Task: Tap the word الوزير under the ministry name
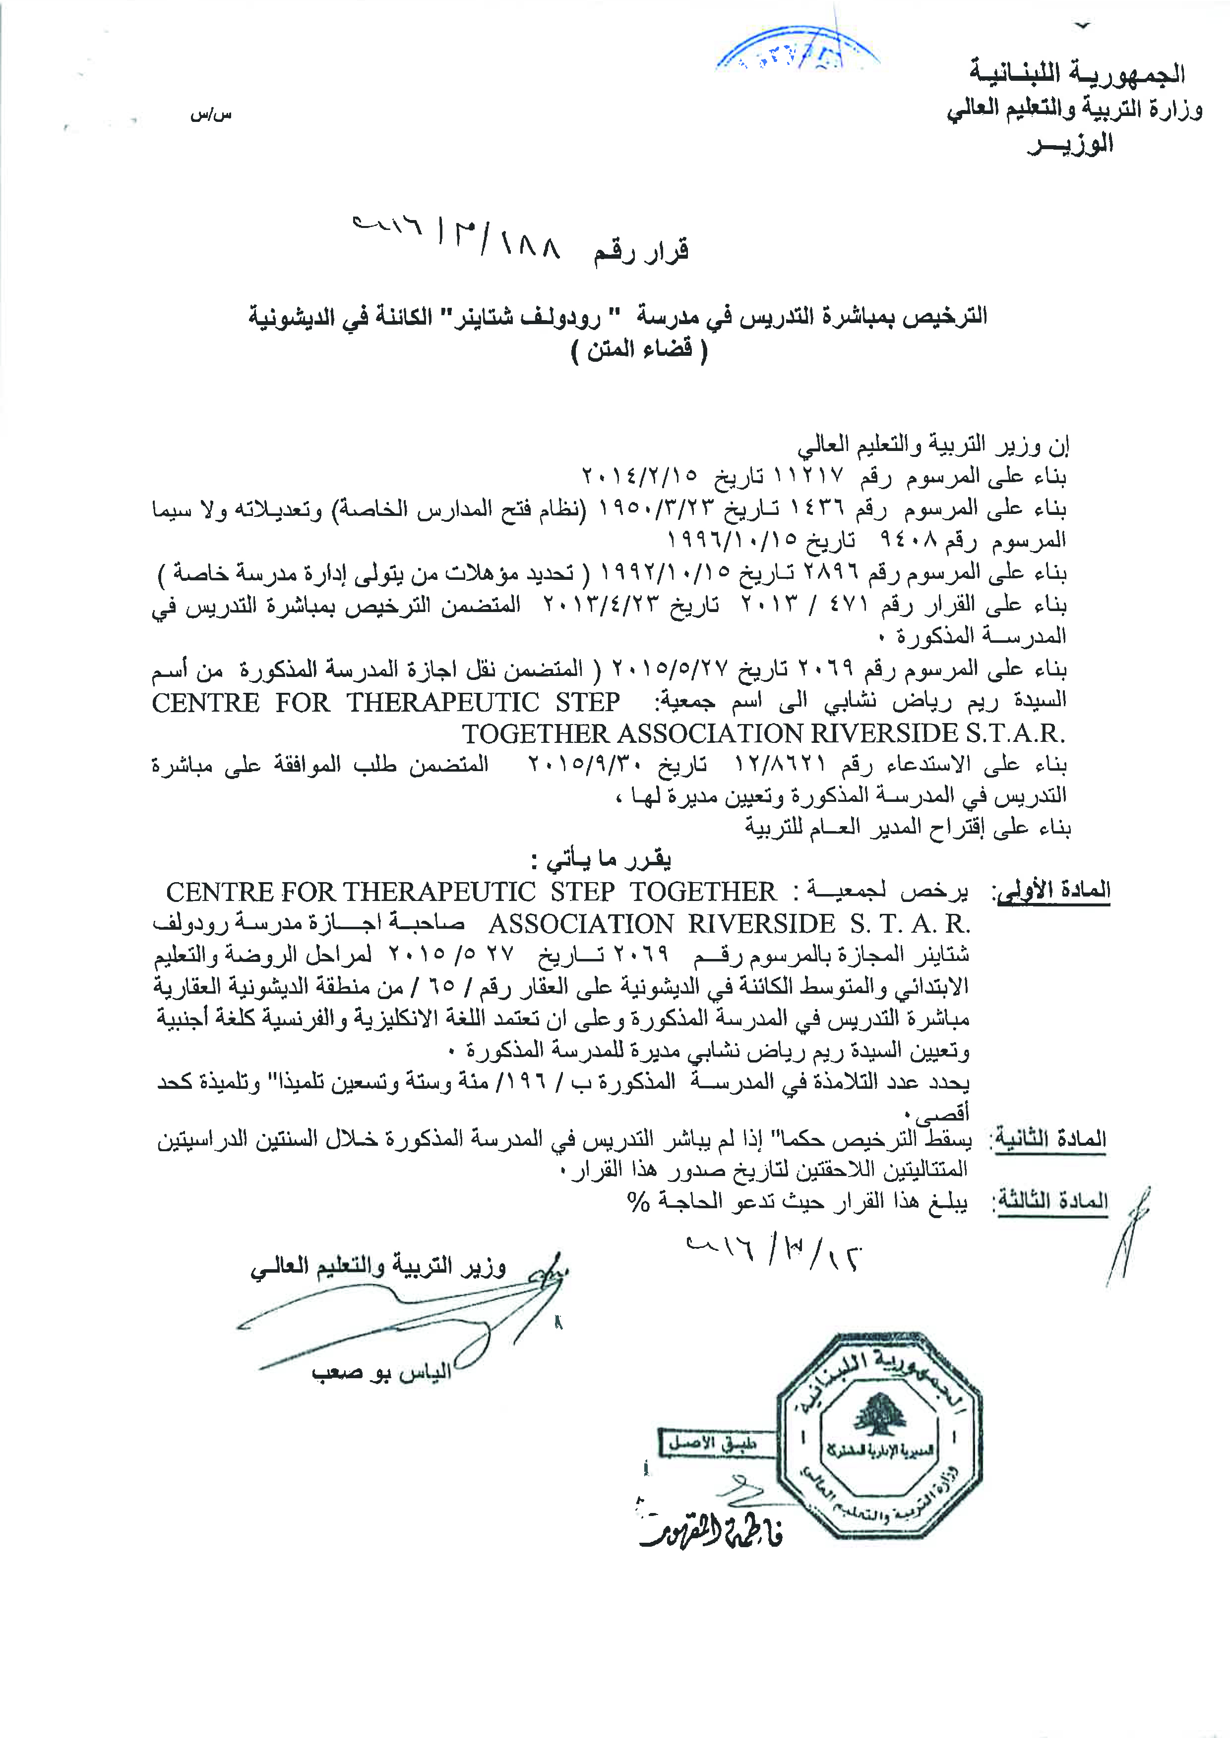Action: pyautogui.click(x=1070, y=143)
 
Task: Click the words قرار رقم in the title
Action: pyautogui.click(x=641, y=251)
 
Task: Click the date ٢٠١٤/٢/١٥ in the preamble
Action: pyautogui.click(x=639, y=476)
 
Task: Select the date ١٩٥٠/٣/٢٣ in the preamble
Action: pyautogui.click(x=656, y=508)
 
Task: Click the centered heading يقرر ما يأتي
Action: pyautogui.click(x=602, y=859)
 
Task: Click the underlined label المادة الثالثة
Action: pyautogui.click(x=1052, y=1201)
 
